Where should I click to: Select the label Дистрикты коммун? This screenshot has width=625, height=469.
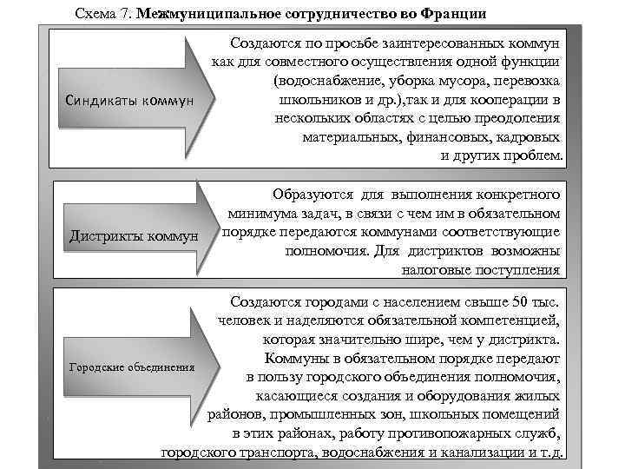[133, 234]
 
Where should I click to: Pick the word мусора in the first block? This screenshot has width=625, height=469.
[456, 82]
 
